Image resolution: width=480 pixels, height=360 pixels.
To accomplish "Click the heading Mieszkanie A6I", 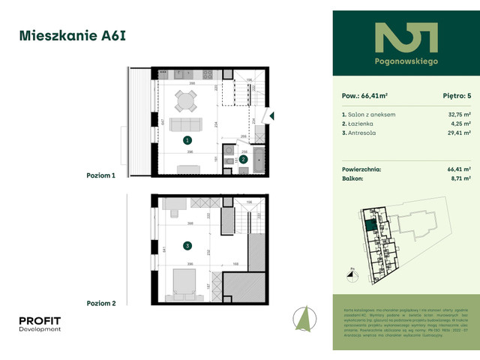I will [65, 34].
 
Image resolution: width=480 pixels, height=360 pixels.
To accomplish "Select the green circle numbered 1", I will [187, 139].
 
